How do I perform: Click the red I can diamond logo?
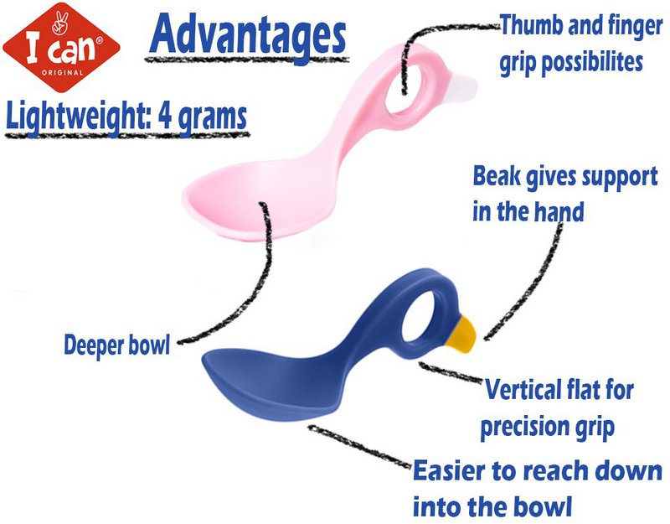61,48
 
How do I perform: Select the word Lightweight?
78,117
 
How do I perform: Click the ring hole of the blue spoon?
420,316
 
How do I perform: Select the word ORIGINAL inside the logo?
62,72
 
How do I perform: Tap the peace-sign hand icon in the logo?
59,23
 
